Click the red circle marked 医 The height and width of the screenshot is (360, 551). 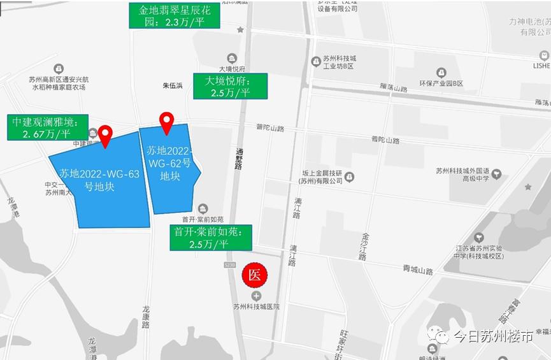(x=255, y=275)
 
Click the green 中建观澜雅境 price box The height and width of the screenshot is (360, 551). (x=47, y=127)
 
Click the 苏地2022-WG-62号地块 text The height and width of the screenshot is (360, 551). (x=170, y=163)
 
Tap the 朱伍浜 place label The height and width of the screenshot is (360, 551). (x=173, y=85)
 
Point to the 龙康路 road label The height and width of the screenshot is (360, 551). (x=147, y=317)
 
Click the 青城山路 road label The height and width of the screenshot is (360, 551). (x=418, y=271)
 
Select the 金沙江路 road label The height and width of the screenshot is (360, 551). (x=364, y=245)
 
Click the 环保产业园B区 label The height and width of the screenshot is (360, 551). (x=440, y=83)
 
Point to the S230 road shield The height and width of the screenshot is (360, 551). (x=231, y=264)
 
